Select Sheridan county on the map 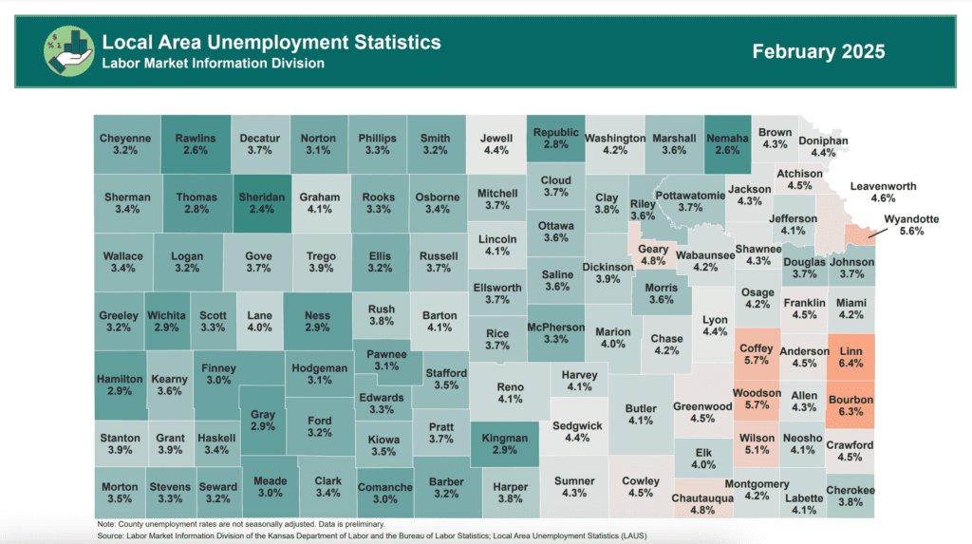[261, 204]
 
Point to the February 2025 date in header [818, 51]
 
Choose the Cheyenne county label [125, 138]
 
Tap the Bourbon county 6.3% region [850, 406]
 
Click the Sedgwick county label [576, 425]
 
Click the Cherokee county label [850, 490]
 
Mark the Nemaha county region [728, 144]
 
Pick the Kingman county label [504, 440]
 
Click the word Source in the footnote [113, 535]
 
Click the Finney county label [219, 367]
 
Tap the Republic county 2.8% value [555, 144]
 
